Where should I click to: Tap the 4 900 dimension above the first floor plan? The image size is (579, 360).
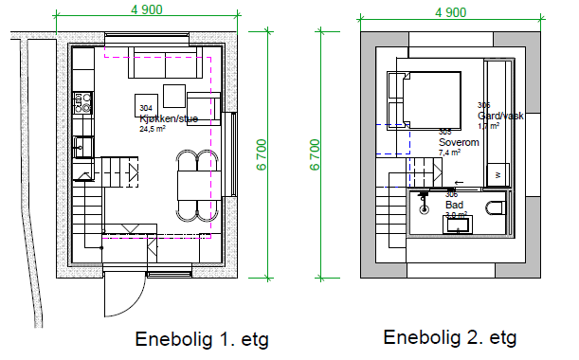[146, 9]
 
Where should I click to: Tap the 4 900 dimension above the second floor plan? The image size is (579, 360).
[450, 12]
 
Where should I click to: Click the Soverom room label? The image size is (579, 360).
[458, 141]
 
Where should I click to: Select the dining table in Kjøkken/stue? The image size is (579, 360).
[190, 182]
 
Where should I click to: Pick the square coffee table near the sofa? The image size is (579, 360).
[174, 97]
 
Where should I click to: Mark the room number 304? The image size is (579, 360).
[146, 111]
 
